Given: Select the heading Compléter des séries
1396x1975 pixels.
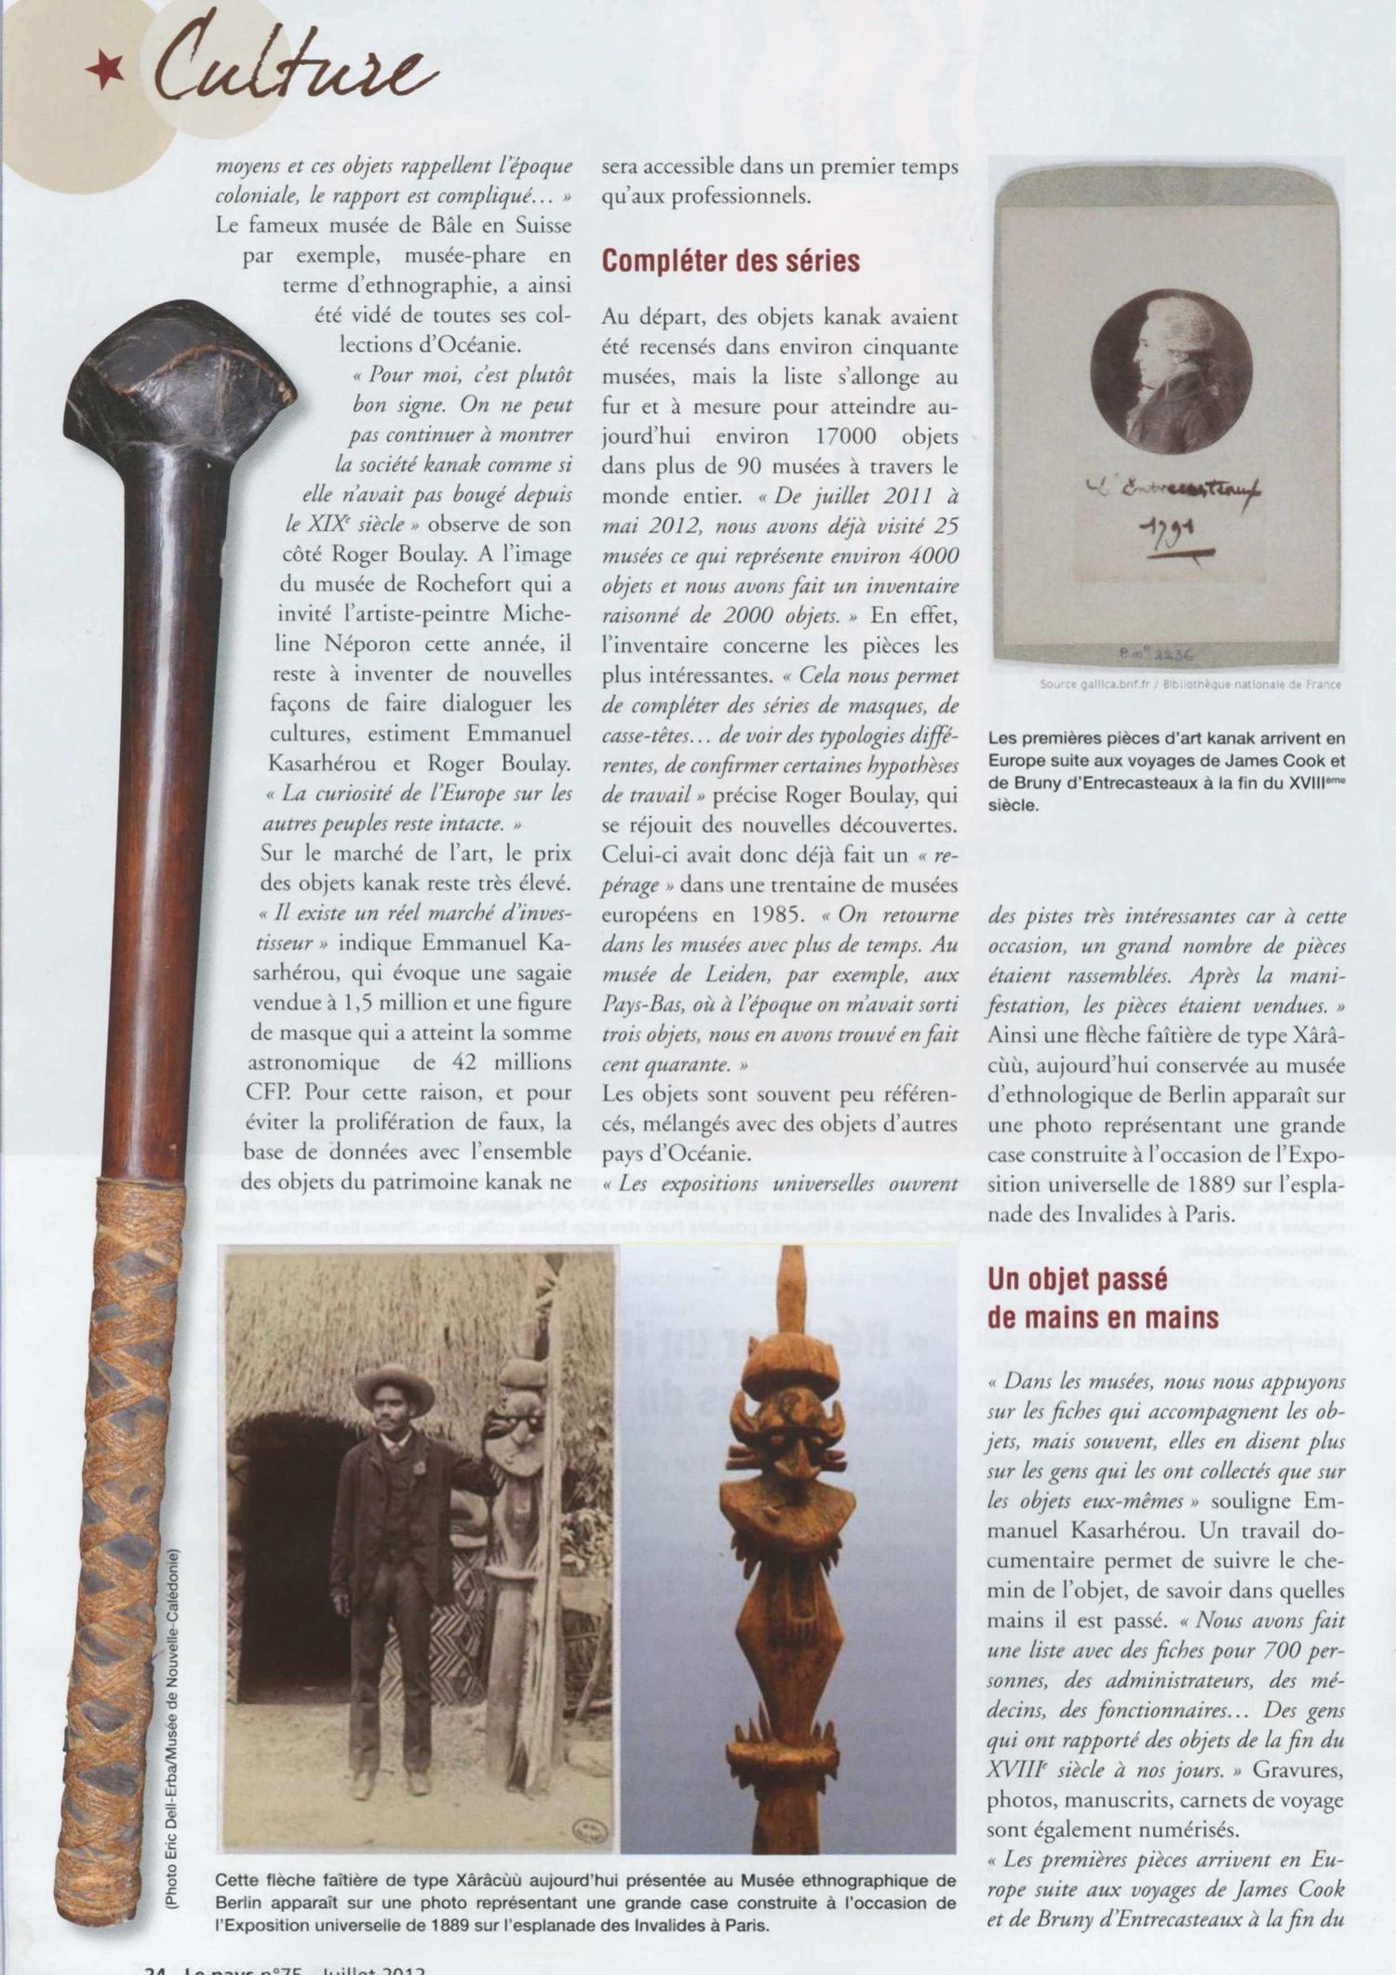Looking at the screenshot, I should coord(730,261).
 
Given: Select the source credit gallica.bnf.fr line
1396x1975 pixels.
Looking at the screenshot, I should coord(1190,685).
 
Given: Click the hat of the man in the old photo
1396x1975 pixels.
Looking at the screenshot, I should coord(395,1387).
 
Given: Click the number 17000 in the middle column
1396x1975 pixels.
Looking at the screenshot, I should coord(851,436).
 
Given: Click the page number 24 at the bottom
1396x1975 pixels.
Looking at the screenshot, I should coord(155,1968).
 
